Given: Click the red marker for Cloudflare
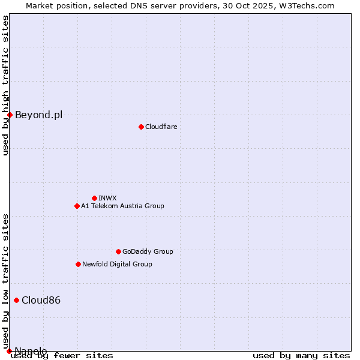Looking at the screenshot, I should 141,127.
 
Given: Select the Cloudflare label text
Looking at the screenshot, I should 161,127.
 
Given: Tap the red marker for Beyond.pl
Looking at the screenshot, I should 10,115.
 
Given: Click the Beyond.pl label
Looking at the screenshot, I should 38,115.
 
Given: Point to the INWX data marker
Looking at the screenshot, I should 94,198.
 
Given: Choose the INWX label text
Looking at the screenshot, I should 107,198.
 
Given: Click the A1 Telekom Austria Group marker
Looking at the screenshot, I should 77,206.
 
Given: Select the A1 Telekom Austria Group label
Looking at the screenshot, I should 122,206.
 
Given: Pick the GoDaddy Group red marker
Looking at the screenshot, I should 118,251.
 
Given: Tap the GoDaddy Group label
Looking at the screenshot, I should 148,251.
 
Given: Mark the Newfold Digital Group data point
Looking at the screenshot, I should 78,264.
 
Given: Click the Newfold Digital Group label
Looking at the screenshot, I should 117,264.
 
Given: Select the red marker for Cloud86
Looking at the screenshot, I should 16,300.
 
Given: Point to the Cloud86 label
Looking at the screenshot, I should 41,300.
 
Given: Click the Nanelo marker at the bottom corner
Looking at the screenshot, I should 9,351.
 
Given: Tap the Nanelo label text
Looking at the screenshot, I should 31,351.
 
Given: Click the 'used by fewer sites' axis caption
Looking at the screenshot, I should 62,356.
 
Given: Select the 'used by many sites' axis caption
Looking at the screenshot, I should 301,356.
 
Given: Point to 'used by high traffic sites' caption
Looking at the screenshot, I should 5,85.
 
